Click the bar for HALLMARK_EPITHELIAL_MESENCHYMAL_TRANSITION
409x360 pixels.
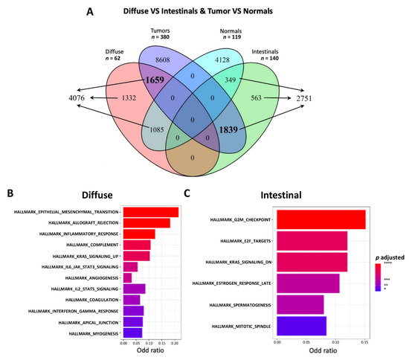[x=149, y=212]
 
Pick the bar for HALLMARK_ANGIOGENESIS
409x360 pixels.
[x=126, y=277]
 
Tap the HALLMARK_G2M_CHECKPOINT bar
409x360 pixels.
[x=321, y=220]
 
